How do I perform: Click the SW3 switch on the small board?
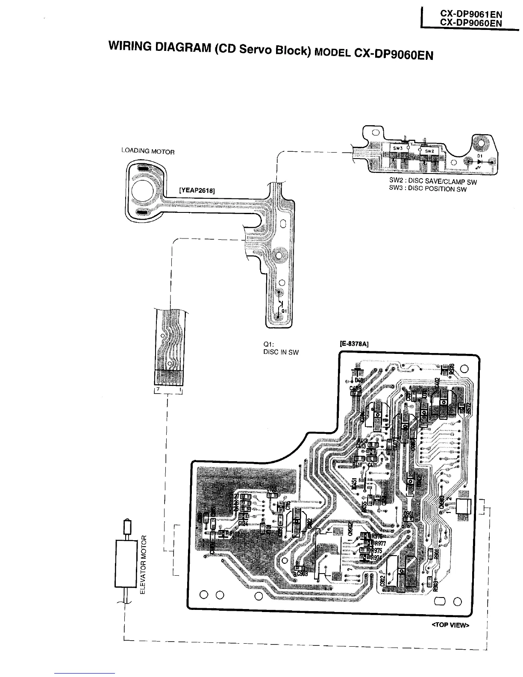pos(398,148)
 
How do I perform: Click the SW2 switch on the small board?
pos(429,151)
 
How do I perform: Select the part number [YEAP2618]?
pos(197,191)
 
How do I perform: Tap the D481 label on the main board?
pos(359,380)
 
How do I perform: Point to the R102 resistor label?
pos(235,534)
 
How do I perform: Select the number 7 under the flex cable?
pos(158,390)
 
